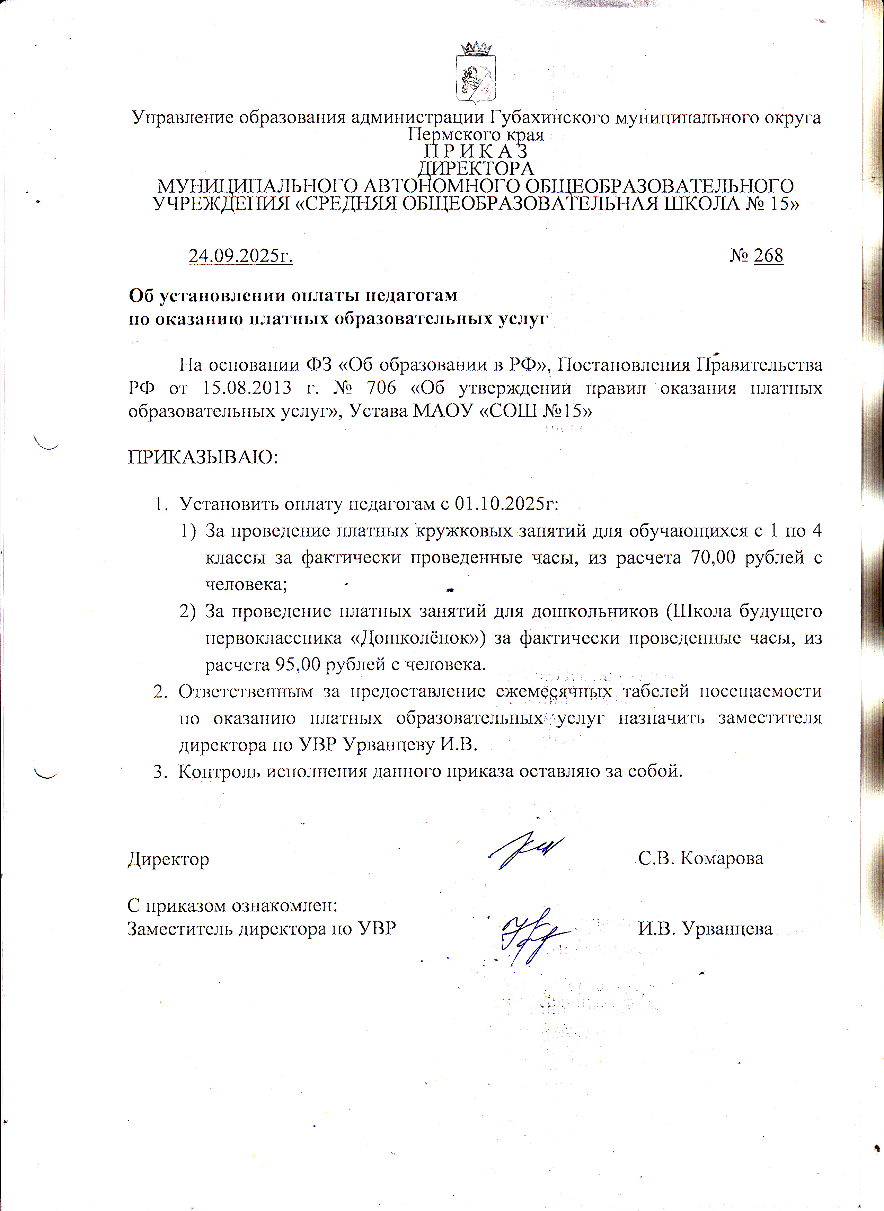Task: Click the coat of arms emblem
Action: click(x=476, y=74)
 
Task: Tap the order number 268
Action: click(x=768, y=256)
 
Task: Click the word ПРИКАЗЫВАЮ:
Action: click(x=203, y=458)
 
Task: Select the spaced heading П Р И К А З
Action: click(x=476, y=151)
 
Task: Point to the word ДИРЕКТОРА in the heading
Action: click(x=476, y=169)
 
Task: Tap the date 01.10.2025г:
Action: click(x=506, y=504)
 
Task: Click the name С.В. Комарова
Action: click(x=700, y=859)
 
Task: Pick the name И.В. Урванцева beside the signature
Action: click(x=705, y=928)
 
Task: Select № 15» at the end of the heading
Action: click(x=772, y=204)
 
